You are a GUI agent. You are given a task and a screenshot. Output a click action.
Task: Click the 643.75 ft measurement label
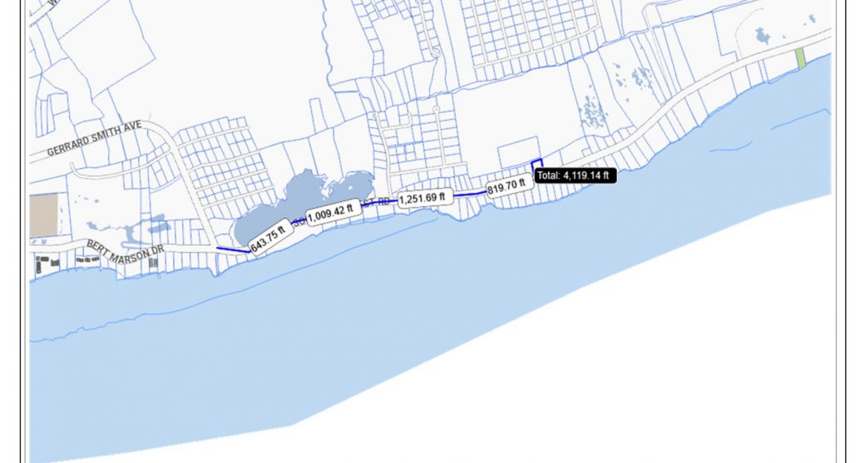point(268,239)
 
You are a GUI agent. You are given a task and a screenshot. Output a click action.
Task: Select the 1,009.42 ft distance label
point(334,214)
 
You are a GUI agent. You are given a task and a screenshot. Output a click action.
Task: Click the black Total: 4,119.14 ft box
point(574,175)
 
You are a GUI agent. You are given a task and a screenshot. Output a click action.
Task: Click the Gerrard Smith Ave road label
point(95,139)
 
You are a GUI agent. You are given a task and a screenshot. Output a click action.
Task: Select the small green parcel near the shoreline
point(800,58)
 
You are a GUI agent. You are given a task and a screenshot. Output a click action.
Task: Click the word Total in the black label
point(548,175)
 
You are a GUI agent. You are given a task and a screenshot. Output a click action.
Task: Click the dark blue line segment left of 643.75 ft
point(231,249)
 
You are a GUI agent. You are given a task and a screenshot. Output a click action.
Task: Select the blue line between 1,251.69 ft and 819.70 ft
point(470,193)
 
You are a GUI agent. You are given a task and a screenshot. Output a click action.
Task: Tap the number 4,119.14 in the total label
point(586,175)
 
